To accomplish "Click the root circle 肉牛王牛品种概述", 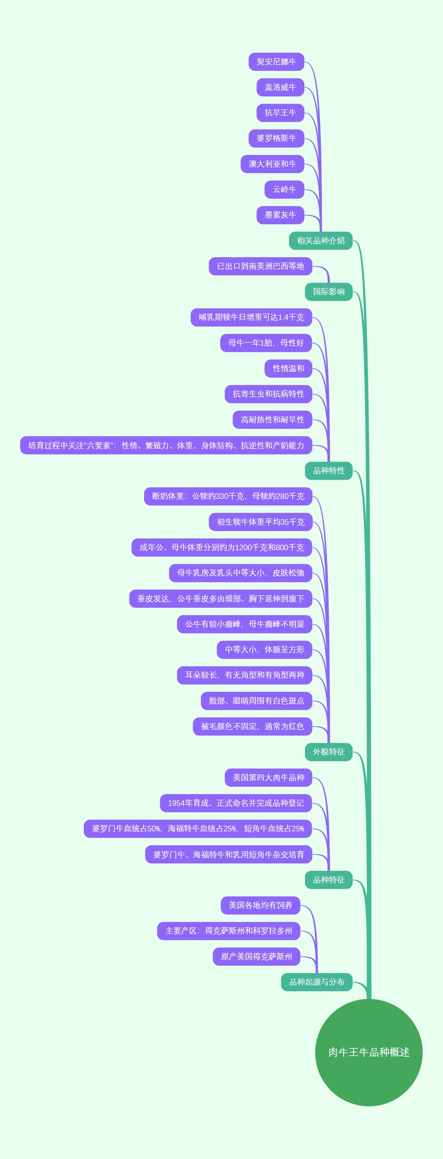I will click(369, 1052).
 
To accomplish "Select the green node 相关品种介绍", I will click(320, 241).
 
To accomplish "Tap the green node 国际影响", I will click(329, 292).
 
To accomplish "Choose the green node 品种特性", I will click(329, 470).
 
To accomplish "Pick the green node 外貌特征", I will click(329, 752).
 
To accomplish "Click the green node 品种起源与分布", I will click(316, 982).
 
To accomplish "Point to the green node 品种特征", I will click(329, 880).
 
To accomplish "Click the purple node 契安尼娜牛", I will click(276, 62).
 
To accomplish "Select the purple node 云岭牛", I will click(284, 189).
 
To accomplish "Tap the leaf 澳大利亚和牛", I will click(272, 164).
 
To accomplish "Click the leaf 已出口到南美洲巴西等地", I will click(260, 266).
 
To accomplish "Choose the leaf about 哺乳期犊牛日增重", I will click(251, 317).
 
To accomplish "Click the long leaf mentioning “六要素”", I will click(166, 445).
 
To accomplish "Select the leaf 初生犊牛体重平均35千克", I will click(260, 522).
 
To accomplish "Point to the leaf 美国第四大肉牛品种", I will click(268, 777).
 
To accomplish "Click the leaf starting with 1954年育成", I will click(236, 803).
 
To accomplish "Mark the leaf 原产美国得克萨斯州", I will click(256, 956).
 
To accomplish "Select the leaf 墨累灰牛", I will click(280, 215).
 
